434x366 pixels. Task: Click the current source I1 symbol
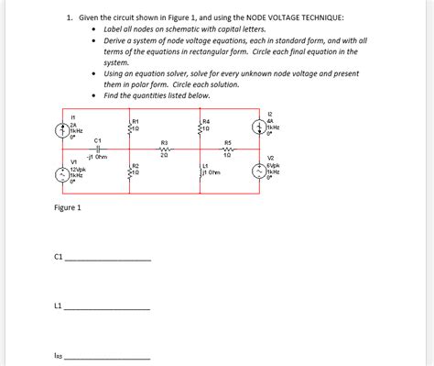pyautogui.click(x=62, y=128)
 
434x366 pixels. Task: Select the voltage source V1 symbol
pyautogui.click(x=62, y=174)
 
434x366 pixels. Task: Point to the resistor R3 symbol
pyautogui.click(x=164, y=150)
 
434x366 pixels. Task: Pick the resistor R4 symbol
pyautogui.click(x=200, y=128)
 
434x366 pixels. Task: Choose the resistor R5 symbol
pyautogui.click(x=227, y=150)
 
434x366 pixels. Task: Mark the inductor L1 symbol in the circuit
pyautogui.click(x=200, y=172)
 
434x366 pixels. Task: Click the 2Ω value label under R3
pyautogui.click(x=164, y=157)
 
